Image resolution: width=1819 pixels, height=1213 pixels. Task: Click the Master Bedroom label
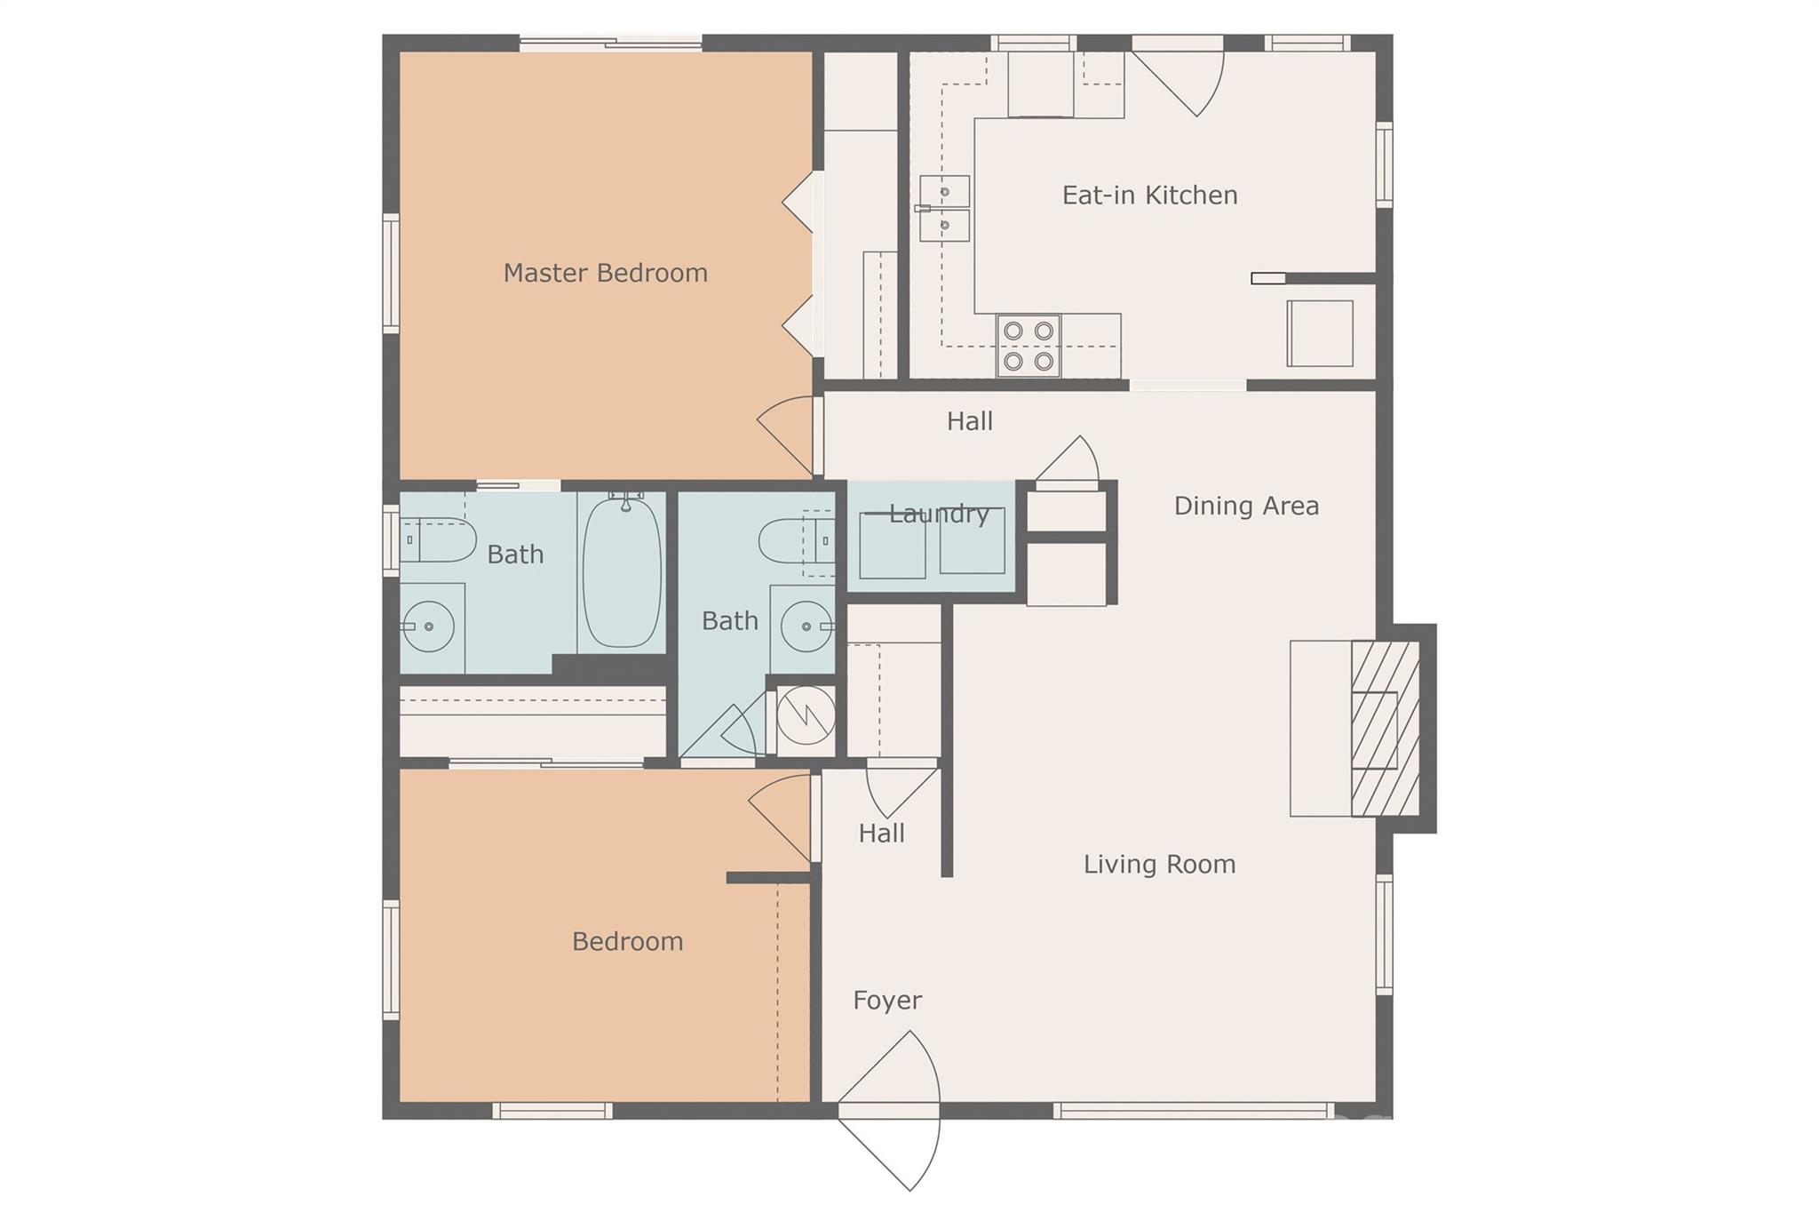(605, 273)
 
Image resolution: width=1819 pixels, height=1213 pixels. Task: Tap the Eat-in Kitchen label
(1149, 196)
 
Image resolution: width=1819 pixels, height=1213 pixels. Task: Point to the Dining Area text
(1246, 506)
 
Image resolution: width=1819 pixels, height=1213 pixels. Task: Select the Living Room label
(1159, 864)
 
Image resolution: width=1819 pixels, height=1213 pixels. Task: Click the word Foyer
(886, 1001)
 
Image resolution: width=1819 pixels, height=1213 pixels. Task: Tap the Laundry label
(939, 514)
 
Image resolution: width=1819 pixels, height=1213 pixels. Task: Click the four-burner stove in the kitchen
(1029, 346)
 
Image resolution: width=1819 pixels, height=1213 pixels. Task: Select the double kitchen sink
(944, 209)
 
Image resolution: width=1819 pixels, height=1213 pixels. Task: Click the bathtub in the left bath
(622, 572)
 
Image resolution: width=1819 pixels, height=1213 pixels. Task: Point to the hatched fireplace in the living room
(1384, 729)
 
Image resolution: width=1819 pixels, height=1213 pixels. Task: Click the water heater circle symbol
(806, 714)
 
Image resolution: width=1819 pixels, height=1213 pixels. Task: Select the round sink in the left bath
(429, 626)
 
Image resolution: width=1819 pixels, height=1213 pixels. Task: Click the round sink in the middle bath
(806, 626)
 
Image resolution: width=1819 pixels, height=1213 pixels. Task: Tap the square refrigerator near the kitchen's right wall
(1320, 333)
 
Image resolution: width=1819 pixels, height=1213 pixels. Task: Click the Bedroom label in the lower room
(627, 941)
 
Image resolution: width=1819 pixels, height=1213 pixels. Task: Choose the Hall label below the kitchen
(969, 421)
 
